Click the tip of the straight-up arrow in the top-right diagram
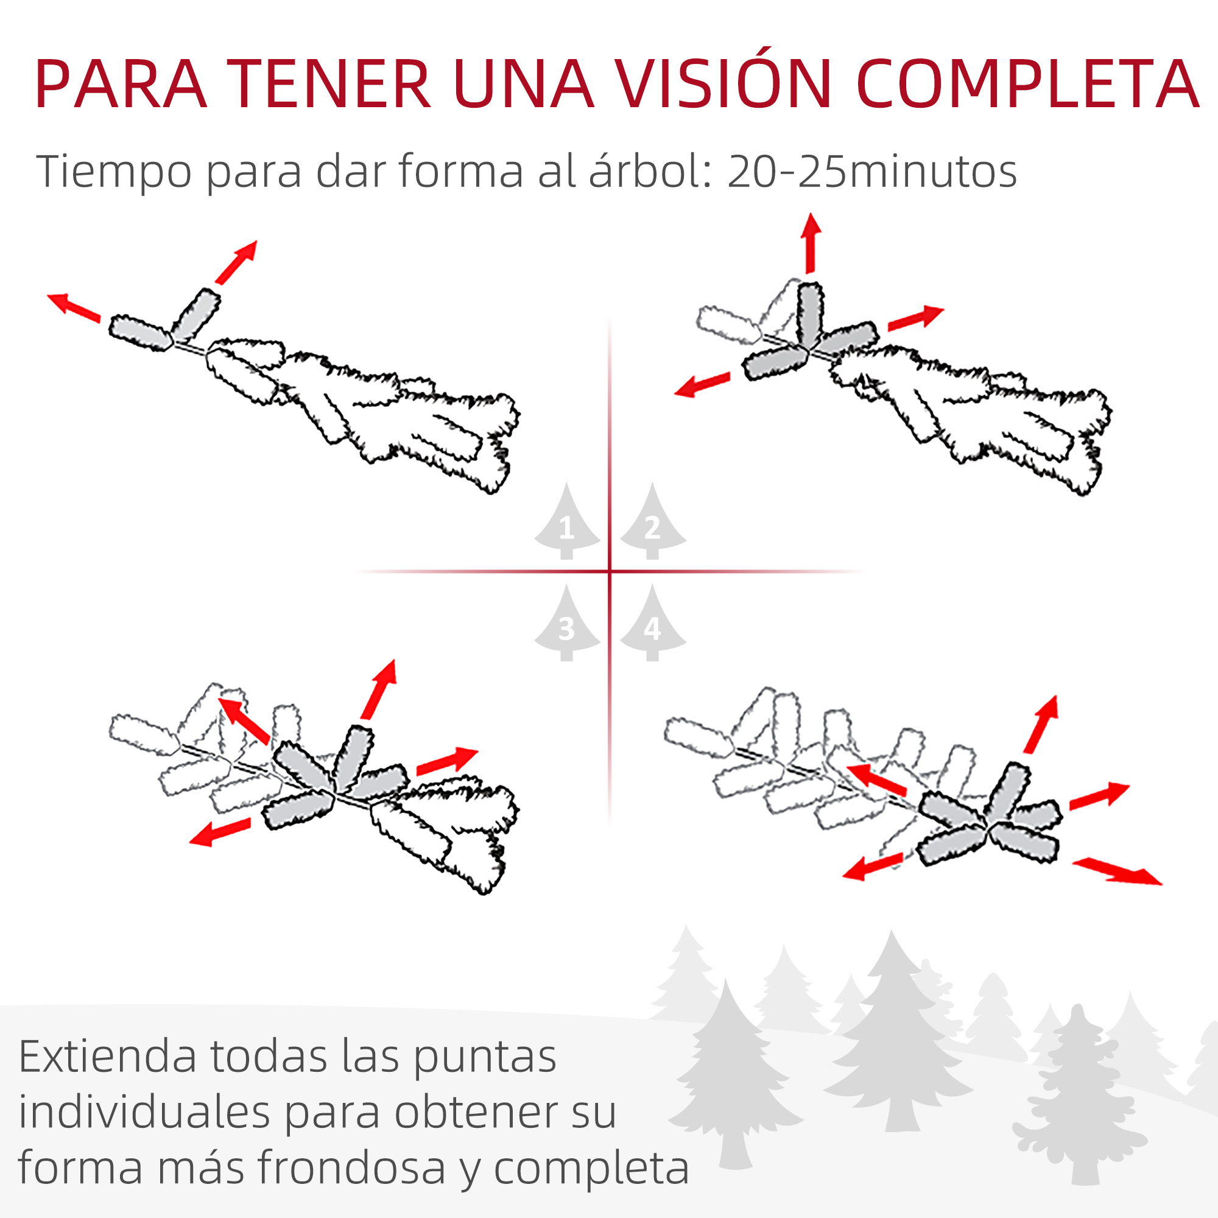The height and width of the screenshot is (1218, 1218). tap(811, 214)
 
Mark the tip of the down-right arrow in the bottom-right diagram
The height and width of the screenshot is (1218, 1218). tap(1162, 884)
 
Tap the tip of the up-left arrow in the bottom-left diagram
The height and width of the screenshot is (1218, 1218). tap(218, 699)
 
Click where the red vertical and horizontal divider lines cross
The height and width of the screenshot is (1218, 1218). tap(610, 572)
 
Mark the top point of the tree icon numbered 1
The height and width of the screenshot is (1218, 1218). tap(567, 483)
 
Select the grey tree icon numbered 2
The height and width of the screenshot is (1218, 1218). tap(652, 521)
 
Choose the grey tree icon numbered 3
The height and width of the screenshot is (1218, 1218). tap(567, 623)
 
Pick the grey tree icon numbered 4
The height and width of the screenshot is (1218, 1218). tap(652, 623)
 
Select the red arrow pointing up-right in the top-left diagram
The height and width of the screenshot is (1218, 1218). tap(236, 262)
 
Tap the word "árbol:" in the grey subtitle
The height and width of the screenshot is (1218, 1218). tap(652, 171)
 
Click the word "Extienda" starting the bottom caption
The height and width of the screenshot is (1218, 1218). tap(108, 1056)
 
